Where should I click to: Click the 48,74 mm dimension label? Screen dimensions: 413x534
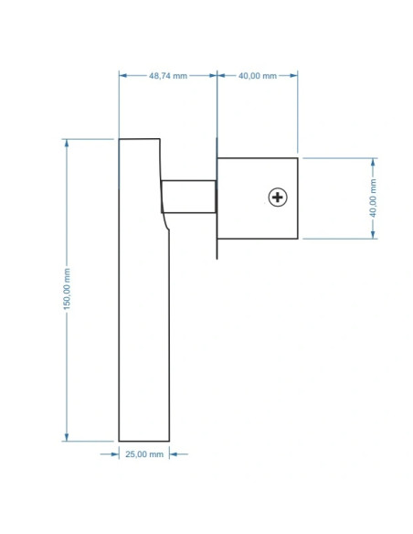(168, 76)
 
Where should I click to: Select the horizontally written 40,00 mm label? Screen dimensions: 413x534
(258, 76)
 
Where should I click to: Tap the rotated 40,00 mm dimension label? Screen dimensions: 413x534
(373, 198)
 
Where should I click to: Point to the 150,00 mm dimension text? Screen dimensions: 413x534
(67, 289)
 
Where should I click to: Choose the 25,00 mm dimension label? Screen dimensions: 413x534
(144, 454)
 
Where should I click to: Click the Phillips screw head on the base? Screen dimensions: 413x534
(278, 198)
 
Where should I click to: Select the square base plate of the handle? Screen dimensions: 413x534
(258, 198)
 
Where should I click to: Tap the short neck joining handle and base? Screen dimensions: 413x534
(188, 197)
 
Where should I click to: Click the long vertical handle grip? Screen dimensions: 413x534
(143, 290)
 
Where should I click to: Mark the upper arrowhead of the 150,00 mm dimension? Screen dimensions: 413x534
(67, 143)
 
